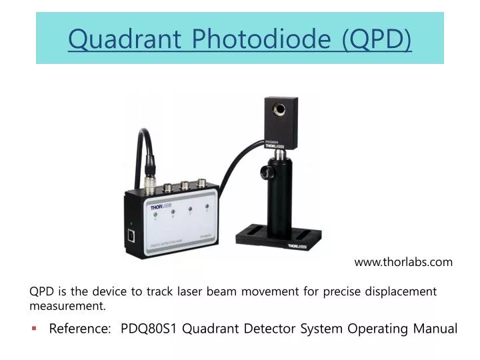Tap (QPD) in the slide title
tap(376, 39)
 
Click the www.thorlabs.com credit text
tap(403, 262)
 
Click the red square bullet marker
tap(34, 328)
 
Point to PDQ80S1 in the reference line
tap(149, 329)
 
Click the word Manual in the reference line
tap(433, 329)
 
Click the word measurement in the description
tap(67, 306)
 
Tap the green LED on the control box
tap(155, 215)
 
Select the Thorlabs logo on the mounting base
tap(297, 245)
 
